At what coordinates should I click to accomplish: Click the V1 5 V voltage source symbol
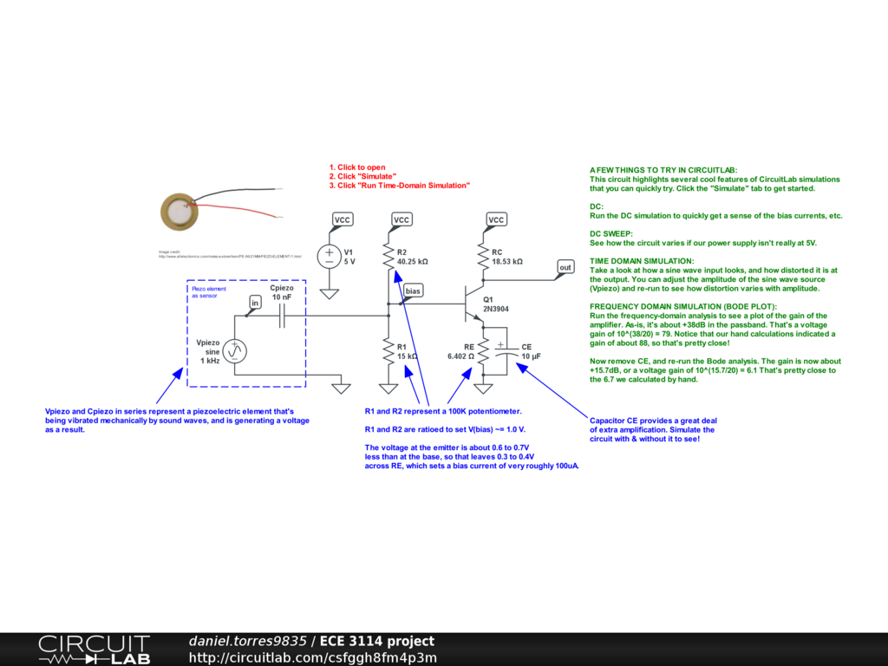(x=330, y=256)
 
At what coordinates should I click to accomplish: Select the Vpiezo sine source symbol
(x=234, y=350)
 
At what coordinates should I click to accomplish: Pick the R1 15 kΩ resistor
(x=388, y=351)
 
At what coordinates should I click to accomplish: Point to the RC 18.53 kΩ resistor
(x=484, y=256)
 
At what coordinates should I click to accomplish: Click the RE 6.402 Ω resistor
(x=484, y=350)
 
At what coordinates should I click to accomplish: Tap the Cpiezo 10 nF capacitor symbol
(x=281, y=319)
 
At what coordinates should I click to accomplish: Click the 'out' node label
(x=565, y=267)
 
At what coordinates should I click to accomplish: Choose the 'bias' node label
(x=413, y=291)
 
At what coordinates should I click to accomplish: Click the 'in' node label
(x=255, y=302)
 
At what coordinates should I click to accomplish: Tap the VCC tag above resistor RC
(x=495, y=219)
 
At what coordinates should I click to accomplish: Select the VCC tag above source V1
(x=343, y=219)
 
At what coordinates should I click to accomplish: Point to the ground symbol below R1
(x=388, y=388)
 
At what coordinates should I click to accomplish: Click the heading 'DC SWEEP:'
(x=611, y=234)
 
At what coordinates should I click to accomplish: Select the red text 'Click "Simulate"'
(x=362, y=177)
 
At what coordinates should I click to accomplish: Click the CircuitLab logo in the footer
(x=94, y=650)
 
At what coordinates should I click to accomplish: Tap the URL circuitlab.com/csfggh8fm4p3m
(x=312, y=657)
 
